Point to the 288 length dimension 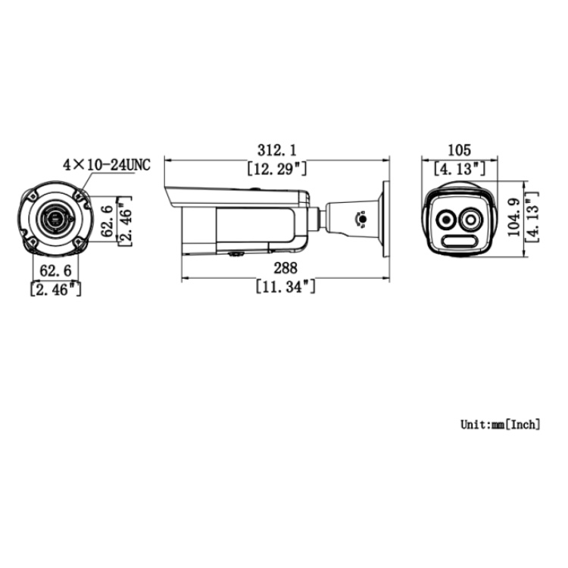[284, 268]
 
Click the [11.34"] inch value [284, 286]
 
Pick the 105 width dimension [460, 150]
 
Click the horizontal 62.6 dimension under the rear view [55, 270]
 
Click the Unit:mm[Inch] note [501, 424]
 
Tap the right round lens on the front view [472, 220]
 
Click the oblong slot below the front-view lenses [459, 242]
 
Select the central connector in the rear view [55, 220]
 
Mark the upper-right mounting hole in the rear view [77, 195]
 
